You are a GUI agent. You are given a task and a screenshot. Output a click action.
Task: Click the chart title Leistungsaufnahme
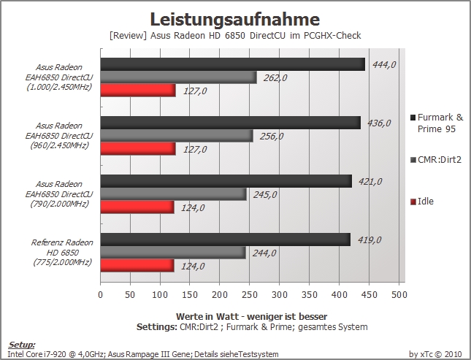pyautogui.click(x=235, y=20)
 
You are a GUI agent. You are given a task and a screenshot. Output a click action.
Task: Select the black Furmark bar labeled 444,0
pyautogui.click(x=233, y=64)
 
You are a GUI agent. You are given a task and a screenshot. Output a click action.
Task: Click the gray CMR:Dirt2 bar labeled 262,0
pyautogui.click(x=179, y=77)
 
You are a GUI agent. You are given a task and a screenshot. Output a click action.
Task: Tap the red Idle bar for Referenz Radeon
pyautogui.click(x=137, y=266)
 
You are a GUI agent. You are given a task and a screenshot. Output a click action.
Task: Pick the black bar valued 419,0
pyautogui.click(x=226, y=240)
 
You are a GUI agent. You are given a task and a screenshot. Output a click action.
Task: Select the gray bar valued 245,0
pyautogui.click(x=174, y=194)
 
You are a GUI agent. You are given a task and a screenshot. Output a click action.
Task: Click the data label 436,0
pyautogui.click(x=379, y=123)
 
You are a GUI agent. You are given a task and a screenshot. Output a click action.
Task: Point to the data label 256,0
pyautogui.click(x=272, y=137)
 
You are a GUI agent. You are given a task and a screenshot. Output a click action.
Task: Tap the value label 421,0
pyautogui.click(x=370, y=182)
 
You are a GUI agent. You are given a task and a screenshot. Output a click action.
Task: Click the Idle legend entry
pyautogui.click(x=422, y=202)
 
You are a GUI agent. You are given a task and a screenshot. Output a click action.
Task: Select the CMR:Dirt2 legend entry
pyautogui.click(x=436, y=160)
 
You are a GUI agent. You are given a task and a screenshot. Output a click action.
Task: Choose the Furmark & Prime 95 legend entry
pyautogui.click(x=437, y=123)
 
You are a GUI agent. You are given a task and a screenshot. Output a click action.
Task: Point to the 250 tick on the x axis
pyautogui.click(x=249, y=295)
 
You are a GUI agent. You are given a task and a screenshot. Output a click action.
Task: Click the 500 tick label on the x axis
pyautogui.click(x=399, y=295)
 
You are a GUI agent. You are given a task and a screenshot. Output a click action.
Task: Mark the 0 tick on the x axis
pyautogui.click(x=100, y=295)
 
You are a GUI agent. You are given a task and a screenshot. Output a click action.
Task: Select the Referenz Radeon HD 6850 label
pyautogui.click(x=62, y=253)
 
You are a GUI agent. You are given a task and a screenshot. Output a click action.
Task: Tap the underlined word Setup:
pyautogui.click(x=22, y=345)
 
